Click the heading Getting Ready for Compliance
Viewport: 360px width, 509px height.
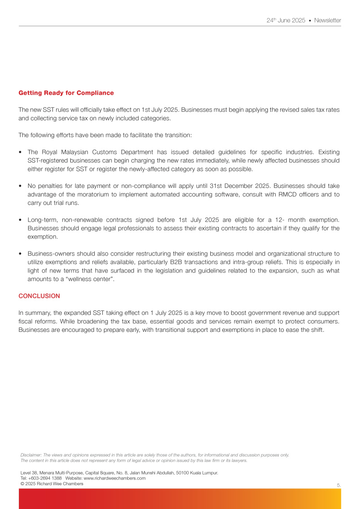click(x=66, y=93)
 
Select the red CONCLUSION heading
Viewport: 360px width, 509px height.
click(x=39, y=296)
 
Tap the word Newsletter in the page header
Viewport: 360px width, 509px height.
click(x=327, y=21)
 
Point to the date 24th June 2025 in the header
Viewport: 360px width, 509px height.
click(x=286, y=21)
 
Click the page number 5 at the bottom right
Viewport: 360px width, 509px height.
click(x=338, y=485)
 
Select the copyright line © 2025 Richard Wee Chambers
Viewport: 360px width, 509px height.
click(x=52, y=483)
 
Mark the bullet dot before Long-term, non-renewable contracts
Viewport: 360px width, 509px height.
click(x=21, y=220)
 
